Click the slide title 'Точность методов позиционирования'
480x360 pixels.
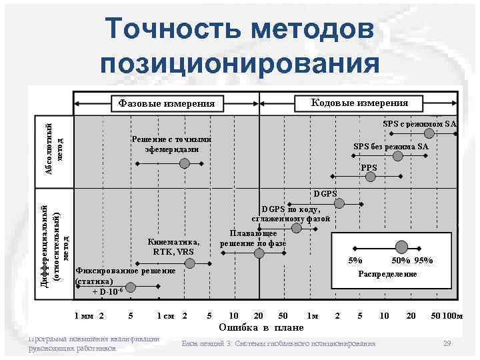(x=241, y=45)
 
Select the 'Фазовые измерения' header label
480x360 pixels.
(x=167, y=104)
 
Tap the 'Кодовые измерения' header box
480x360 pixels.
(x=360, y=103)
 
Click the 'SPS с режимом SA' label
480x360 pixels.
(x=419, y=124)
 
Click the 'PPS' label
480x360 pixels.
(x=369, y=167)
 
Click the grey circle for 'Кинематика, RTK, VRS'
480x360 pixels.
(x=190, y=264)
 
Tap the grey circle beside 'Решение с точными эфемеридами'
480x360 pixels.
(x=185, y=163)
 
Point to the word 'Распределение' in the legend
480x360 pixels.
(x=387, y=275)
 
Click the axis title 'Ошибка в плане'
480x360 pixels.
(x=261, y=327)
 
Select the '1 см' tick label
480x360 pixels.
(x=165, y=315)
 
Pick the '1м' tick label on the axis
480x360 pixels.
(x=312, y=315)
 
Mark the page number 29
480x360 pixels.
(x=447, y=343)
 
